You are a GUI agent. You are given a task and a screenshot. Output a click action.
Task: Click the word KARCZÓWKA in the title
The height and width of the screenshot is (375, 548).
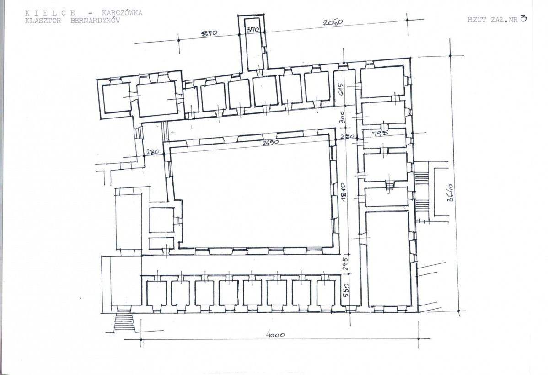click(122, 13)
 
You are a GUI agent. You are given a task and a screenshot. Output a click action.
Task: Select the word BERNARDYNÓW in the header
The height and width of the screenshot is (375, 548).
click(95, 20)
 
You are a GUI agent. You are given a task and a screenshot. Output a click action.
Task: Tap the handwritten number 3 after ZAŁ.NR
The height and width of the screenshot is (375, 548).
click(523, 19)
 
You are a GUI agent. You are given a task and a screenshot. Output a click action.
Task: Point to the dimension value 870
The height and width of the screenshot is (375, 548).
click(210, 33)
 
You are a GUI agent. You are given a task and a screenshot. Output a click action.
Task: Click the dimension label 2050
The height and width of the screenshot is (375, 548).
click(333, 22)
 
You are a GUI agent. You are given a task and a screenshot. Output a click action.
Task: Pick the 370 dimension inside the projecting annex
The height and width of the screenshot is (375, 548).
click(253, 30)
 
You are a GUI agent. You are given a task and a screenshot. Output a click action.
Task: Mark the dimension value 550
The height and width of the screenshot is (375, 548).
click(346, 290)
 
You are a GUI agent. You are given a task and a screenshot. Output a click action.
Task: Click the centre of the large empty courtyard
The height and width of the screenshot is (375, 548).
click(253, 196)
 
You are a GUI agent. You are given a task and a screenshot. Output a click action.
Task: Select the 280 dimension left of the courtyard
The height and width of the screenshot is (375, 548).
click(153, 152)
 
